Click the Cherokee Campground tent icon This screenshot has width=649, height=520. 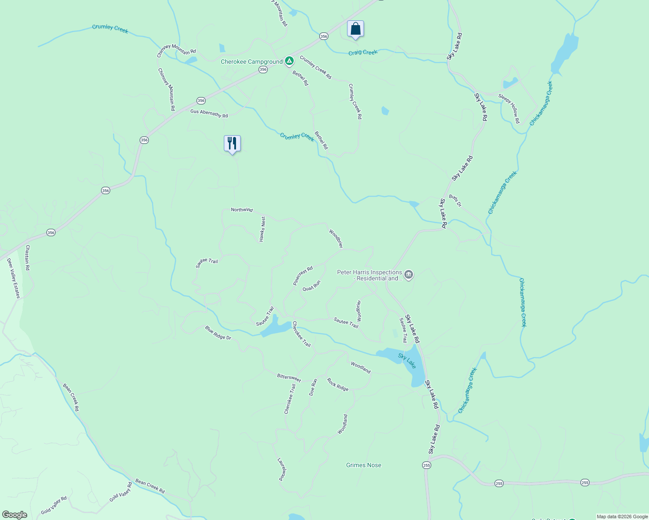point(289,62)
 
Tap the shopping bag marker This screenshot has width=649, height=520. point(355,29)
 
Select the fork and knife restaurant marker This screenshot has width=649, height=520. point(232,143)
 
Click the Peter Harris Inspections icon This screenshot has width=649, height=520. point(409,275)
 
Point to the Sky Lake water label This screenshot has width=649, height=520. point(407,361)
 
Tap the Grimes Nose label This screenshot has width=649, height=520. point(364,465)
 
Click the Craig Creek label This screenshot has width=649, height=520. point(363,52)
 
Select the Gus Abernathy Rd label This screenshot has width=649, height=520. point(209,114)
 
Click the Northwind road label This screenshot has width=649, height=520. point(242,210)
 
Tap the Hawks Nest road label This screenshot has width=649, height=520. point(262,229)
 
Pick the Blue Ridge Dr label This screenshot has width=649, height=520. point(218,333)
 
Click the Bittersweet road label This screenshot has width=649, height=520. point(289,378)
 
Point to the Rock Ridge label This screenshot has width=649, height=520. point(338,385)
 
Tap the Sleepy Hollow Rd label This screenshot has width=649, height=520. point(509,108)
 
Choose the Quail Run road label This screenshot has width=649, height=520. point(311,286)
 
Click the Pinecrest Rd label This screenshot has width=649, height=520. point(303,276)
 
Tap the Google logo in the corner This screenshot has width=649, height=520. point(14,515)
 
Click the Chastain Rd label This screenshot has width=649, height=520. point(27,258)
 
